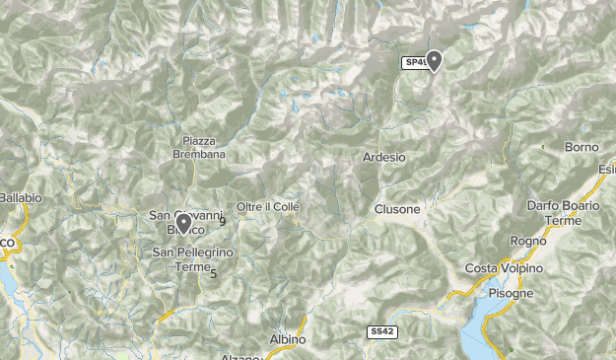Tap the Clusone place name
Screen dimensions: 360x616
click(397, 210)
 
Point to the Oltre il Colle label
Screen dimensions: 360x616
click(267, 207)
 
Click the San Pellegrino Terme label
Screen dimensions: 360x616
click(193, 259)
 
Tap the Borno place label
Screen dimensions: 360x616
click(582, 148)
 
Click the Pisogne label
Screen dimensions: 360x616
click(511, 294)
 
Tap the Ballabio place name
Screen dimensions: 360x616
click(21, 198)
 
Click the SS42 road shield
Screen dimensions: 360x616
click(382, 332)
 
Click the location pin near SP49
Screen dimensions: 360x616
click(433, 61)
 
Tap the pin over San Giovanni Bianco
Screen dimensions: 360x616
click(183, 224)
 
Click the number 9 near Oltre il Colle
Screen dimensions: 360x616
click(223, 222)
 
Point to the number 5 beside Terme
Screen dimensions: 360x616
click(213, 273)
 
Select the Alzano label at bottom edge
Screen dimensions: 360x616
click(241, 356)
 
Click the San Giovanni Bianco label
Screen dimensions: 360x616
click(177, 222)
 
